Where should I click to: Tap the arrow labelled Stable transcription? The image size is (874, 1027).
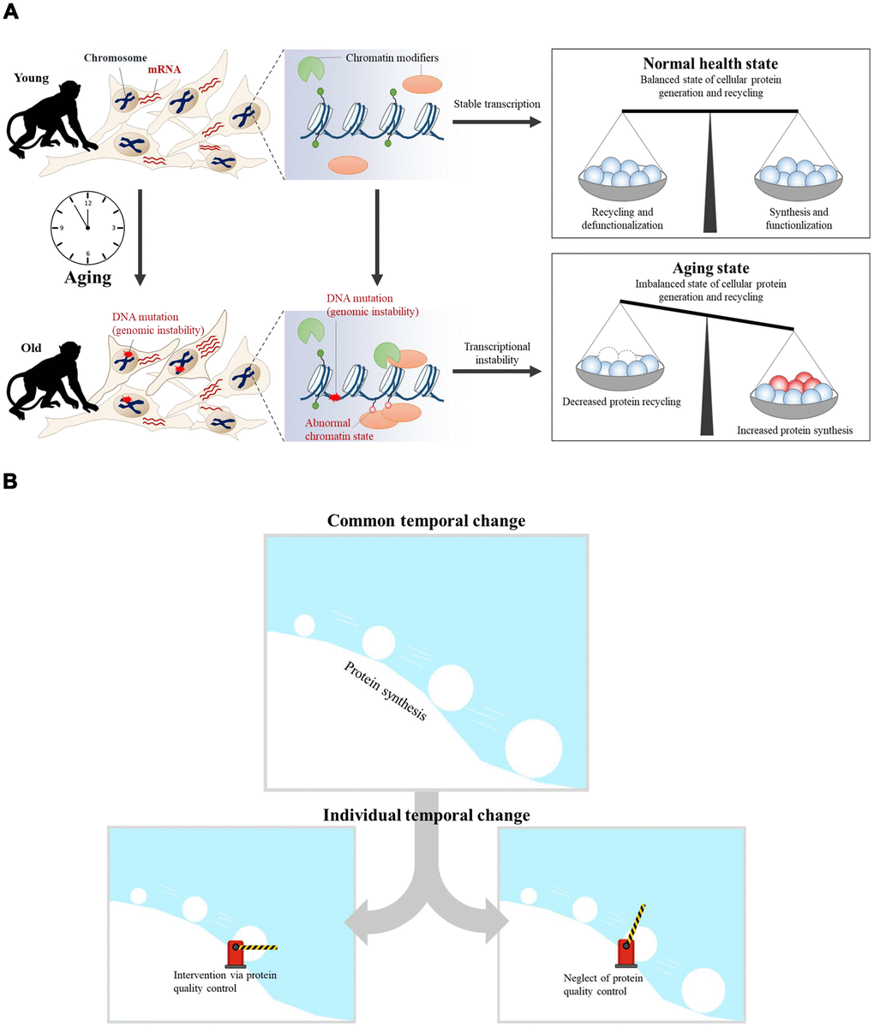point(496,123)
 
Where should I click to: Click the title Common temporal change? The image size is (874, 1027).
point(426,521)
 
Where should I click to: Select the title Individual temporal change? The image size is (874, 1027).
point(426,815)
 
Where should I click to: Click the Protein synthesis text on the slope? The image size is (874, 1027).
point(386,690)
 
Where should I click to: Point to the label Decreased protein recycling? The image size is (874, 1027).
point(621,401)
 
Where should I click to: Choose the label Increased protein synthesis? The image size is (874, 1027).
point(794,430)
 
